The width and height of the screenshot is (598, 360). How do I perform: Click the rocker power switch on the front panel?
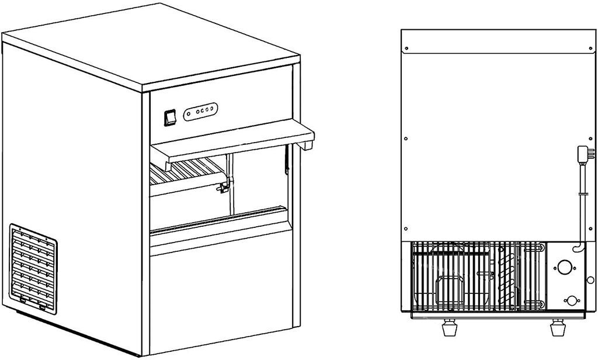coord(170,118)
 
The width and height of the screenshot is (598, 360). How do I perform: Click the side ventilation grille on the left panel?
coord(33,265)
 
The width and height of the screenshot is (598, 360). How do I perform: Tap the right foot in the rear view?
coord(558,328)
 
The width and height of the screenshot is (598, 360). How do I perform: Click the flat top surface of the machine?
coord(152,47)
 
